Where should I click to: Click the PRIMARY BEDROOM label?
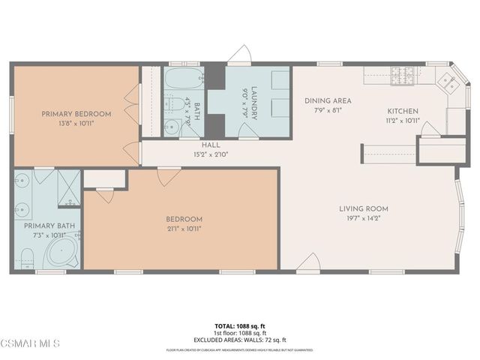click(76, 114)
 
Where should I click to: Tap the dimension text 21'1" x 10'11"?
click(184, 228)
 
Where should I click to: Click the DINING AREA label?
click(328, 100)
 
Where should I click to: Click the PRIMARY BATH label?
click(49, 226)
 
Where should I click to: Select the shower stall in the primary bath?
click(68, 187)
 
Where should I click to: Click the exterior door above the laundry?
click(240, 55)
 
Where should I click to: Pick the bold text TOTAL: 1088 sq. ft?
click(239, 325)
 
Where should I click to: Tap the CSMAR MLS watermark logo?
click(31, 343)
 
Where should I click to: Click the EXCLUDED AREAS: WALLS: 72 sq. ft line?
click(239, 340)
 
